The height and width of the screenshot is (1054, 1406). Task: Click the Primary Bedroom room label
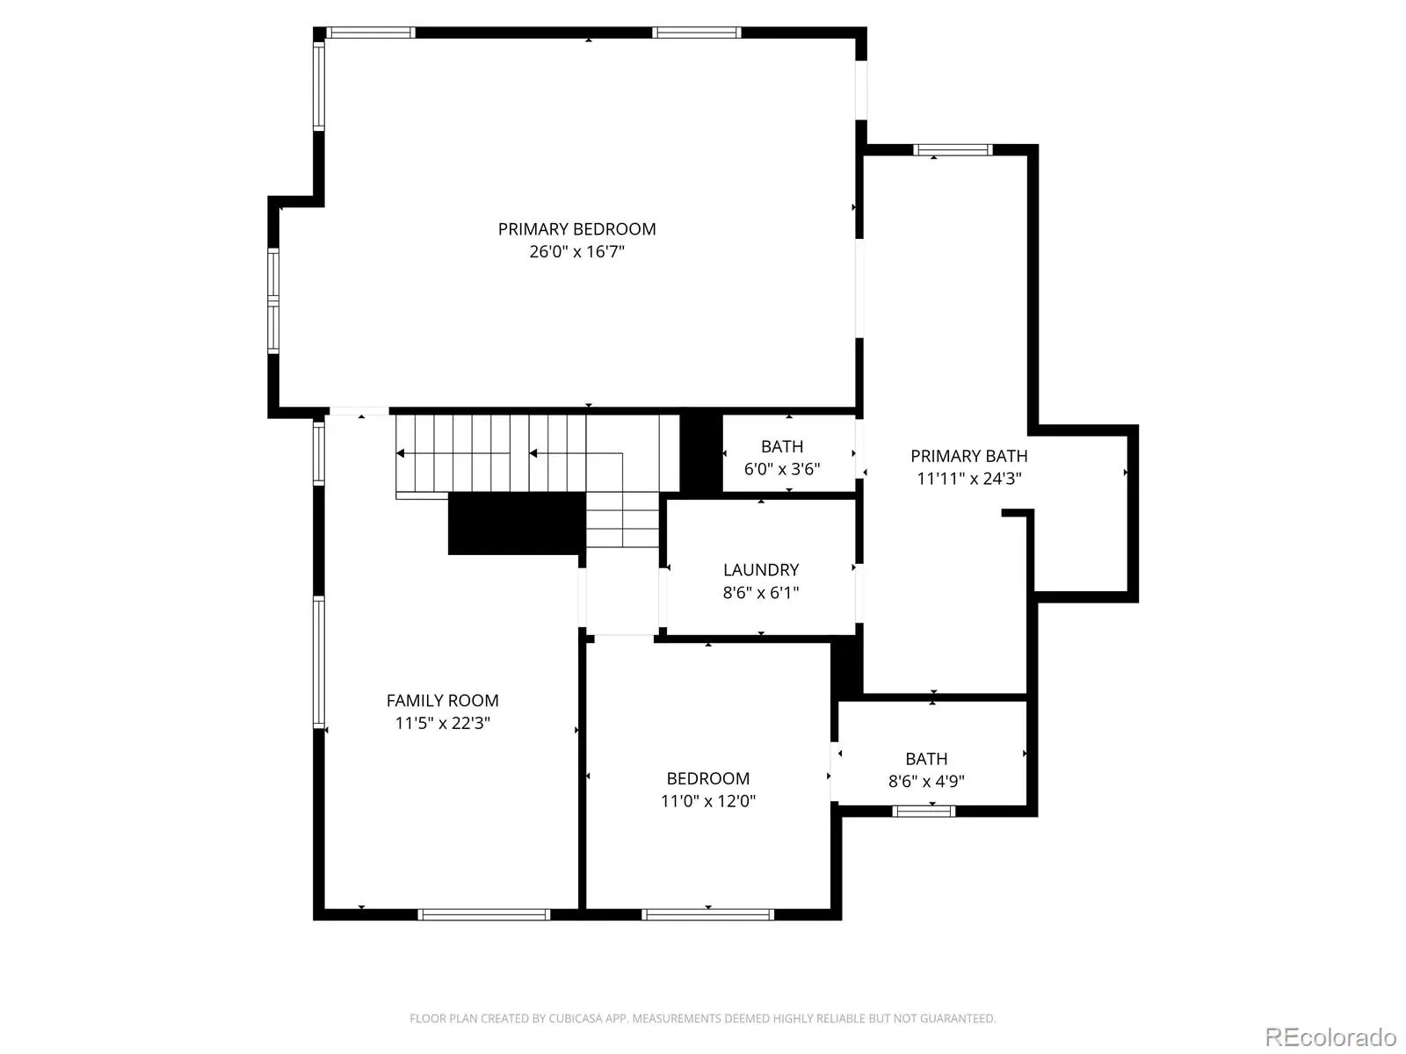coord(576,229)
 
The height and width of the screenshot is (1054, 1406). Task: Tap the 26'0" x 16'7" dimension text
coord(576,251)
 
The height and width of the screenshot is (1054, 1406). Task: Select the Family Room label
coord(442,701)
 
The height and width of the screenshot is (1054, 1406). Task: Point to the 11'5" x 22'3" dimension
coord(442,723)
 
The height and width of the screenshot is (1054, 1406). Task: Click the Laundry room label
coord(761,570)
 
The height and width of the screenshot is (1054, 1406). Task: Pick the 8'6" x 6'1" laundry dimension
coord(761,593)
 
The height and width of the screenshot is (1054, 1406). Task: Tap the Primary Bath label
coord(968,456)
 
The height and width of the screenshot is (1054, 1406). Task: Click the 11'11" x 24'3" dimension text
coord(968,479)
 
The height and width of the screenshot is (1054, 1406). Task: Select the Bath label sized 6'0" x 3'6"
coord(781,447)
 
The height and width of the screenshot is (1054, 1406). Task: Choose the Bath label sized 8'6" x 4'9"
coord(926,759)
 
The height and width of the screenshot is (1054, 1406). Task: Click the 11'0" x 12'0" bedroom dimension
coord(707,801)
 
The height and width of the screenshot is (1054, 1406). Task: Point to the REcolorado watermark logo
coord(1330,1036)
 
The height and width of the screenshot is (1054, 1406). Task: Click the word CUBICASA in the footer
coord(576,1019)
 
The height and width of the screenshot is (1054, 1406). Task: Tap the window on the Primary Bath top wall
coord(953,150)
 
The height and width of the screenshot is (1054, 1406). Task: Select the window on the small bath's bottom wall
coord(924,812)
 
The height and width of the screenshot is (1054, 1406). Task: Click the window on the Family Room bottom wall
coord(483,915)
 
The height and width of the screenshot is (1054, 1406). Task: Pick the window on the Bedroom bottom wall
coord(707,915)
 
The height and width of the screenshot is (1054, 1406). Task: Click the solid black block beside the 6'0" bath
coord(701,452)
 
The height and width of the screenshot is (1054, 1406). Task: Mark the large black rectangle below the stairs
coord(517,523)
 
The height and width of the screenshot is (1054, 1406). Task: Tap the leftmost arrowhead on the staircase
coord(400,454)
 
